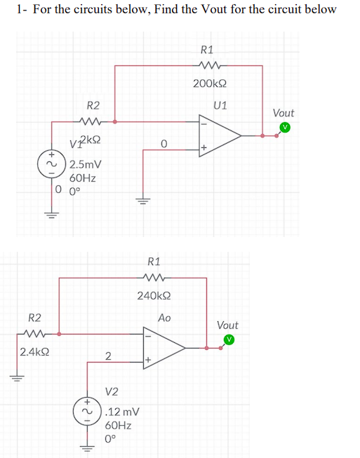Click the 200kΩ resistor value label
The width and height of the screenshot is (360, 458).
point(209,84)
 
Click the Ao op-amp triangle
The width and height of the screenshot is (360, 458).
point(165,347)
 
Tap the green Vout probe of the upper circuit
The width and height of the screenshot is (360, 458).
point(284,128)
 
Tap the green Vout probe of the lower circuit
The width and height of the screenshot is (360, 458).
point(228,340)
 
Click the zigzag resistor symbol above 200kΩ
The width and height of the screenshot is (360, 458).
point(210,67)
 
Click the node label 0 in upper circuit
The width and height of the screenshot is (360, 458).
point(163,144)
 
